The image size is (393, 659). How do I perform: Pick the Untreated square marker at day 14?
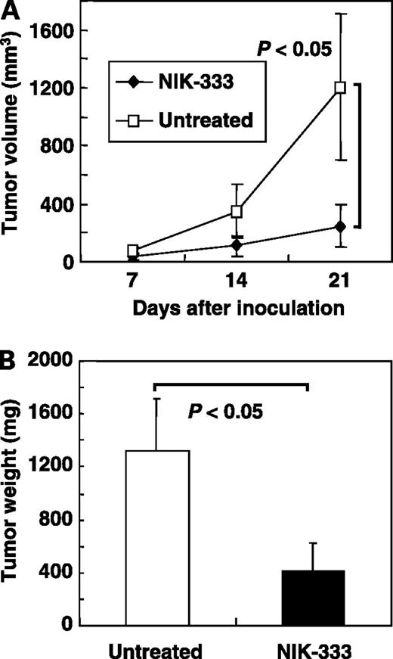coord(237,211)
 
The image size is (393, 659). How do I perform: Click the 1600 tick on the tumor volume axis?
coord(64,30)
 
